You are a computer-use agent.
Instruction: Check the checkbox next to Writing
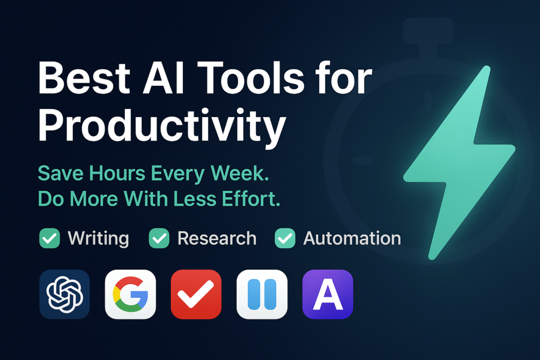pos(50,238)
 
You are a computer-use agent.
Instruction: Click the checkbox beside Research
pos(159,238)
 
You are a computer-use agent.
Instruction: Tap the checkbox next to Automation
pos(285,238)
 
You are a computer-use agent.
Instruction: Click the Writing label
pos(98,238)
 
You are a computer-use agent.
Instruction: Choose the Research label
pos(217,238)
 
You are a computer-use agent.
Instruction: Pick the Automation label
pos(352,238)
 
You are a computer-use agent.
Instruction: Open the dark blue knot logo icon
pos(64,294)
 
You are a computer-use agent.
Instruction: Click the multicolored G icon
pos(130,294)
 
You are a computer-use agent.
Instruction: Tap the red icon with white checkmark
pos(196,294)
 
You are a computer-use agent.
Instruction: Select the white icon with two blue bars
pos(262,294)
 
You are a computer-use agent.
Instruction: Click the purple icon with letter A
pos(327,294)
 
